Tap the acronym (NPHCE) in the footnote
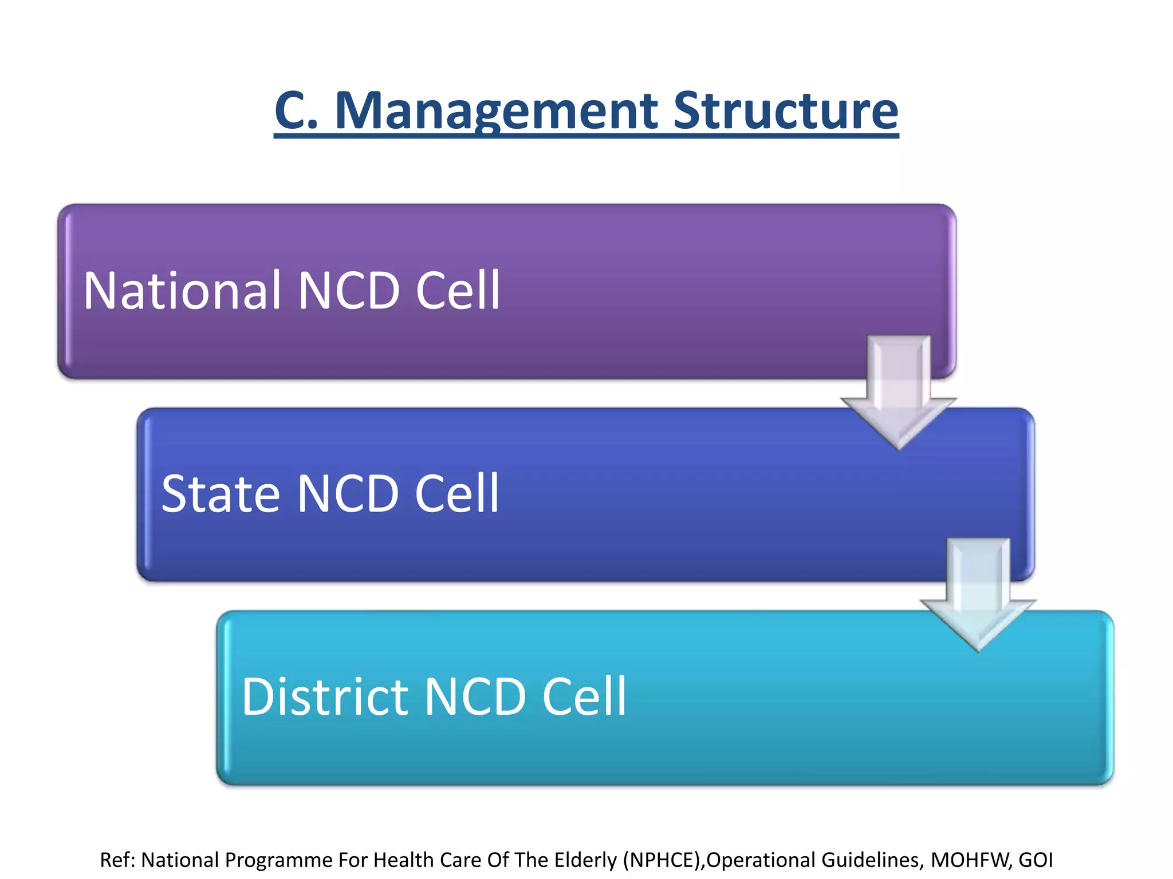coord(663,860)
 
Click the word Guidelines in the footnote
coord(871,860)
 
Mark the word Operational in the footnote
coord(760,860)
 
